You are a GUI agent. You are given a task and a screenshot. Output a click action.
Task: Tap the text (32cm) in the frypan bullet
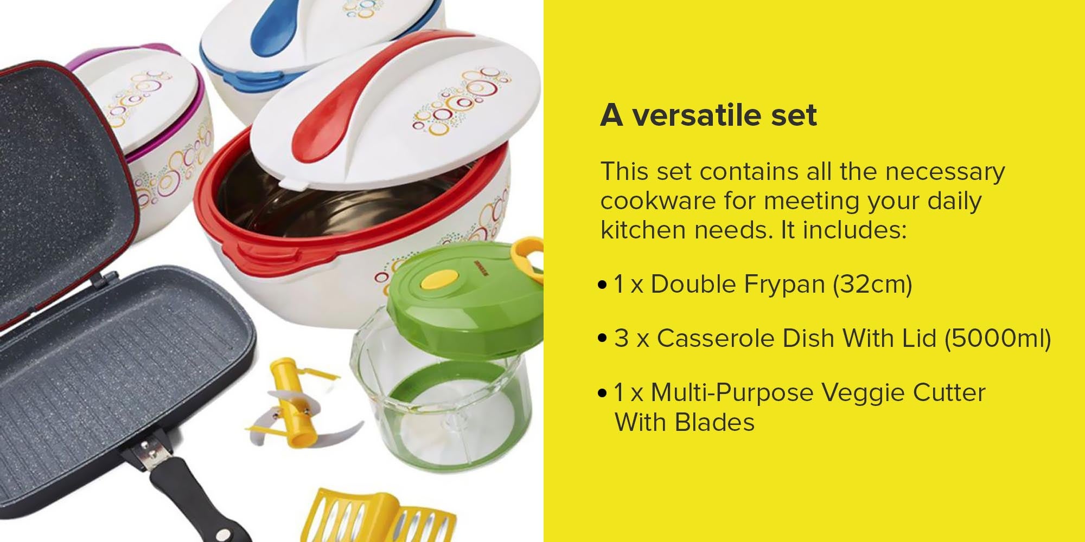[872, 285]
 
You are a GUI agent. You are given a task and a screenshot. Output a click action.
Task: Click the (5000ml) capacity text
[998, 338]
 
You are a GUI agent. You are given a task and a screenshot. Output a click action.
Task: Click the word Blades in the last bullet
[715, 422]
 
